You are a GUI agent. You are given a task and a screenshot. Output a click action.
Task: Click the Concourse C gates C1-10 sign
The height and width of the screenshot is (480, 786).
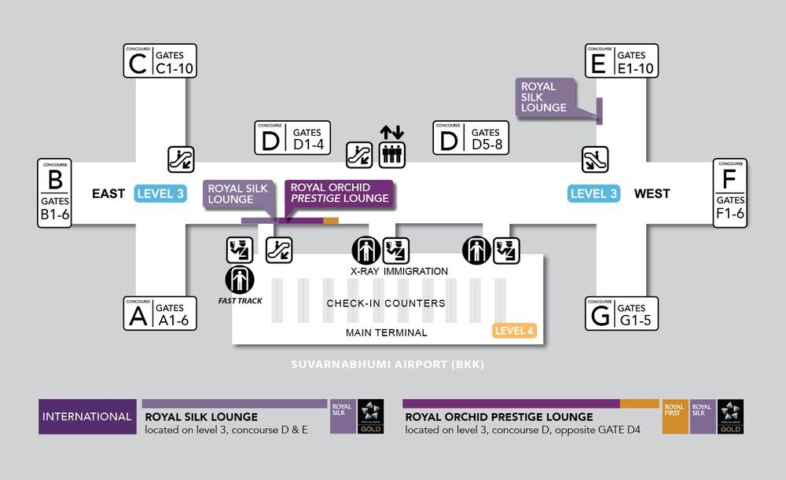point(160,61)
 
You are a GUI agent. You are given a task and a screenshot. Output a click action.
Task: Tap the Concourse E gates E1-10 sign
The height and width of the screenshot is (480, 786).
point(621,61)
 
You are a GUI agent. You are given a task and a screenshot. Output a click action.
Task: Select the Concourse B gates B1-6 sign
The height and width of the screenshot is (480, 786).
point(55,193)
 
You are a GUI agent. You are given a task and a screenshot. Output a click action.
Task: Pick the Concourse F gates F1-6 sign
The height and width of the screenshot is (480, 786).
point(729,193)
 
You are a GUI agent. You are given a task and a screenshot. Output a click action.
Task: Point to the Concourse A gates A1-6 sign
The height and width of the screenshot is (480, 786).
point(160,313)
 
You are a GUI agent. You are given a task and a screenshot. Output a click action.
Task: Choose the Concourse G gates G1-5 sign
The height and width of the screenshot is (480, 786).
point(621,313)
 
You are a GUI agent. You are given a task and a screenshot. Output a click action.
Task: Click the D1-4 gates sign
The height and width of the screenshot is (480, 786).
point(292,137)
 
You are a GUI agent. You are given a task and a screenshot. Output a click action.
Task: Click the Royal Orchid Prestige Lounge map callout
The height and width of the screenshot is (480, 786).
point(340,193)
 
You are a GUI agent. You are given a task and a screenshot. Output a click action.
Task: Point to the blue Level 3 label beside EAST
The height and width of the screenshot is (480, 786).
point(160,193)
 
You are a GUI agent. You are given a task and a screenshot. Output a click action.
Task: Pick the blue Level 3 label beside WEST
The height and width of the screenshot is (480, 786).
point(594,193)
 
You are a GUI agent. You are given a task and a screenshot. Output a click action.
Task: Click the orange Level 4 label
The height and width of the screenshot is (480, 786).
point(515,331)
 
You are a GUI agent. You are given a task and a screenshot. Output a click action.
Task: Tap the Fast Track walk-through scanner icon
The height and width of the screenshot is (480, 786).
point(240,280)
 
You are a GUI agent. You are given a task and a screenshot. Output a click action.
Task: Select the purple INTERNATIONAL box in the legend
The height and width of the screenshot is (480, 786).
point(87,416)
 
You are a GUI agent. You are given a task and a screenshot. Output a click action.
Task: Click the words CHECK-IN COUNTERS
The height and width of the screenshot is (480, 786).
point(385,303)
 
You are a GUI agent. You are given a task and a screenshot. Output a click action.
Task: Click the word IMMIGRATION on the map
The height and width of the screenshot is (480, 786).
point(416,271)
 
